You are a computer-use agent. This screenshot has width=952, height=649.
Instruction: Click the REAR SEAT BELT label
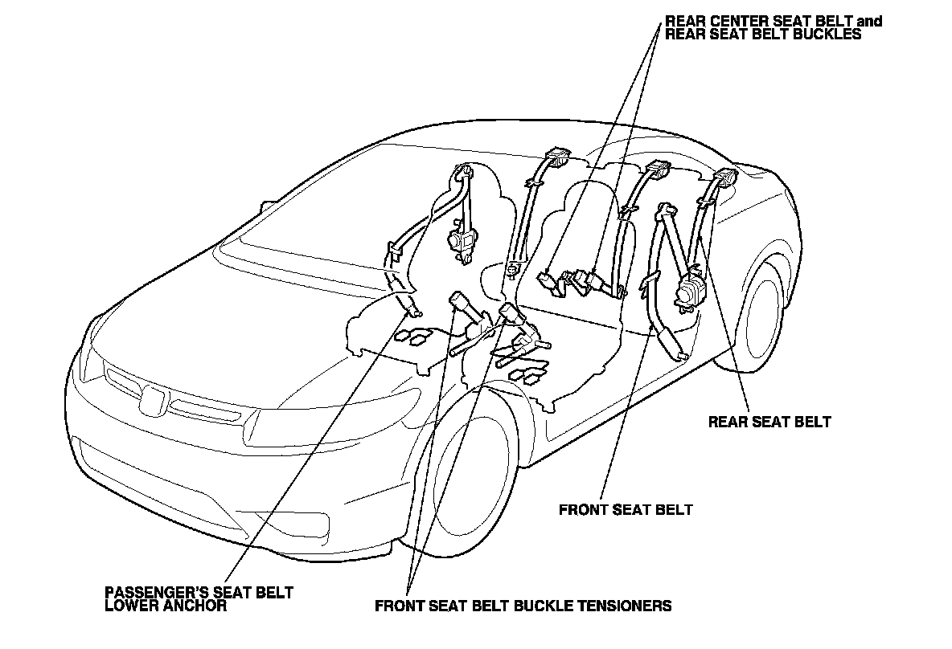pos(769,422)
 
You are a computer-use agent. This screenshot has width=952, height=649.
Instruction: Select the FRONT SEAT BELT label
pos(625,509)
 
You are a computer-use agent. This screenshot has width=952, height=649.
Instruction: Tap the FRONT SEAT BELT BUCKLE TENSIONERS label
pos(523,606)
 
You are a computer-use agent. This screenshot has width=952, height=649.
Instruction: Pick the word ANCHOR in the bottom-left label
pos(193,606)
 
